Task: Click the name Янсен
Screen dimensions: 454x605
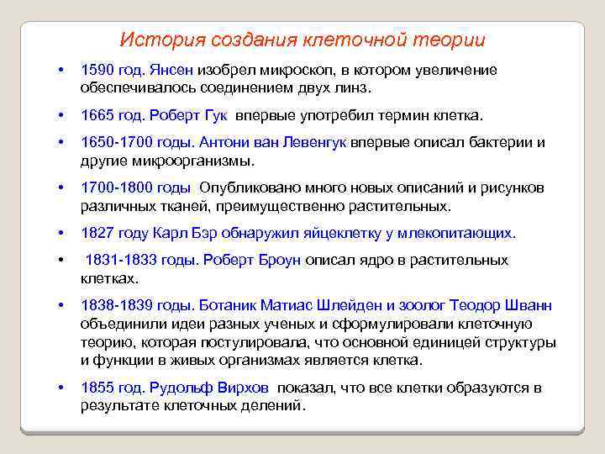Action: click(174, 70)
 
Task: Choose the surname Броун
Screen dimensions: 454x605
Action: click(276, 260)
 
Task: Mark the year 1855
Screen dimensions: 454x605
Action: click(97, 388)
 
